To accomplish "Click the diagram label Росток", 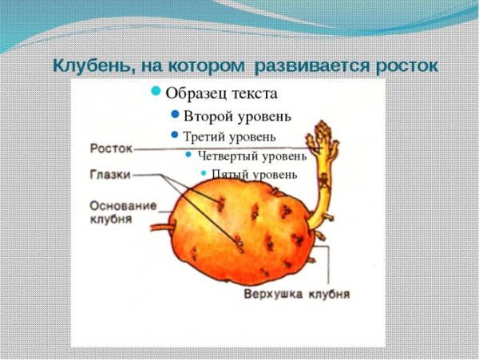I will pos(110,148).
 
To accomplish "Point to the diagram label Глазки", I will pos(110,174).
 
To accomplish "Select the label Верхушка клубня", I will pos(296,294).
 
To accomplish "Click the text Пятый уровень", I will pos(255,173).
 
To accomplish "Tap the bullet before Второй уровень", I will pos(175,115).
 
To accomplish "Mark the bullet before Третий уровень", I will pos(173,135).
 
